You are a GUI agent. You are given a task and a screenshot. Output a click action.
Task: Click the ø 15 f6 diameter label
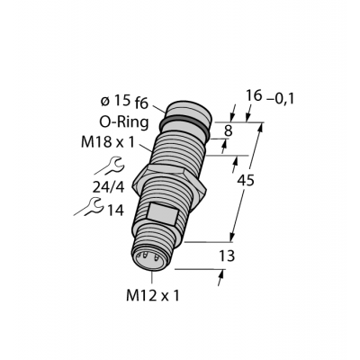124,103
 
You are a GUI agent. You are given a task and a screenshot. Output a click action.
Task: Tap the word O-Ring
124,122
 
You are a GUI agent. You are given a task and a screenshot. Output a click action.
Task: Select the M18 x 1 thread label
108,142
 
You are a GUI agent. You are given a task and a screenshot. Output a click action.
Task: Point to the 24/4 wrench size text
108,187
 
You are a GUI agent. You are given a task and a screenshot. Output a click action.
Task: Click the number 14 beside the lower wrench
115,211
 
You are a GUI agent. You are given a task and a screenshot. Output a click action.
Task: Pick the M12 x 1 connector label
153,296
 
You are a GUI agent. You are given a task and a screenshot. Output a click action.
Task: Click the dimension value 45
246,180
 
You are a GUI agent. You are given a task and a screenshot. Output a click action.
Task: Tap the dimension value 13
227,256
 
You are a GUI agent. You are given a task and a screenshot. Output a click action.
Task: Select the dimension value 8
229,130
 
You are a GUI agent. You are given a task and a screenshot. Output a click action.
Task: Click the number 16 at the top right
254,96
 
